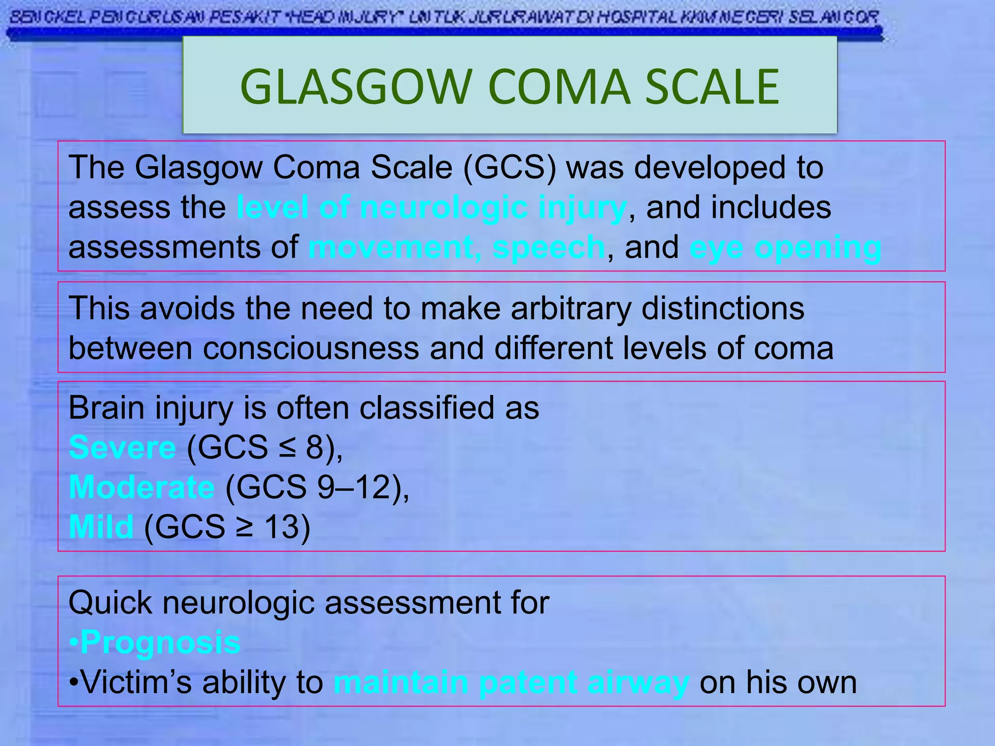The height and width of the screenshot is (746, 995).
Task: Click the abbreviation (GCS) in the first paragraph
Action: pos(509,168)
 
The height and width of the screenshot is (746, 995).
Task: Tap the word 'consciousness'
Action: pos(310,348)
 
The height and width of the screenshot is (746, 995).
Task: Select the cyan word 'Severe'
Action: pos(122,447)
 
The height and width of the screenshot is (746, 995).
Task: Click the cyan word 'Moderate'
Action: pos(141,487)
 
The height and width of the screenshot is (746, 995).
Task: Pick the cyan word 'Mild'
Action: pos(101,527)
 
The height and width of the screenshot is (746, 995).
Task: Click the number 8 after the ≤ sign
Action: pos(315,447)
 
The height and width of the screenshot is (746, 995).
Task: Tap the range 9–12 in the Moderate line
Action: pos(354,487)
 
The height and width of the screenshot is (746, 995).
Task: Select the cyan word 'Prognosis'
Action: pos(160,643)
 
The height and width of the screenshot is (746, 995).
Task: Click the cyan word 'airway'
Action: pos(638,683)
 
